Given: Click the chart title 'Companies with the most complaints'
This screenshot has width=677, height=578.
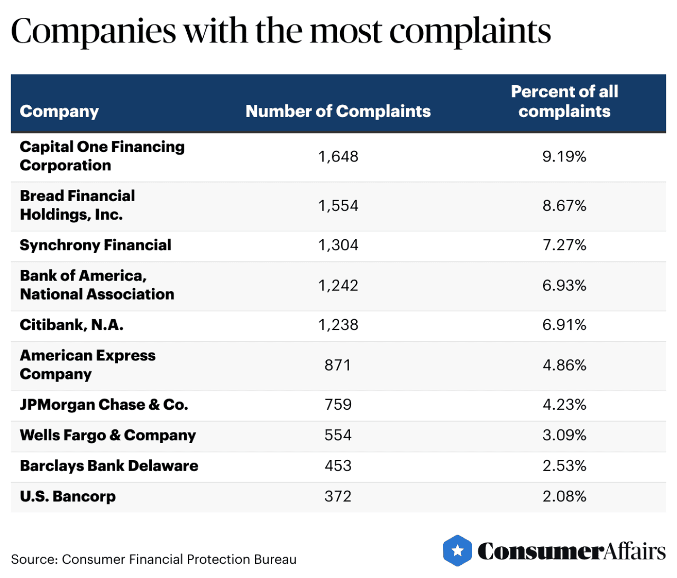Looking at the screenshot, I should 281,31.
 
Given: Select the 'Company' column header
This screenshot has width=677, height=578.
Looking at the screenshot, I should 59,111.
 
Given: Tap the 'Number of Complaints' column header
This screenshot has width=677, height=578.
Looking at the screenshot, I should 338,111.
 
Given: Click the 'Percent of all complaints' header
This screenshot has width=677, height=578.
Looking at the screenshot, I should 564,102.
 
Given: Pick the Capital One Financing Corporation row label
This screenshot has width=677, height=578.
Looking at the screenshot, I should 102,156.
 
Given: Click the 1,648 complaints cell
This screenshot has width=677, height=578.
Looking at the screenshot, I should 338,157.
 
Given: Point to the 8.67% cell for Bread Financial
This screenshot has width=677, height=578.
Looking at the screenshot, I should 564,206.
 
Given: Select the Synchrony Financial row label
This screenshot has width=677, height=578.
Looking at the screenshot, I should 96,245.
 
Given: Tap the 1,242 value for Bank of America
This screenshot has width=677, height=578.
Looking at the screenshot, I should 338,286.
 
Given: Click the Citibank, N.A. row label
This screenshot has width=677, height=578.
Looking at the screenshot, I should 71,325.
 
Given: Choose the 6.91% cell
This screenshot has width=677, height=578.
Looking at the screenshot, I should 564,325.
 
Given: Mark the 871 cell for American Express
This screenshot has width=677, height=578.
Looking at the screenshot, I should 337,365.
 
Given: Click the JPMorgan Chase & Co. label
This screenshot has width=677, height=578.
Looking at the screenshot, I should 104,405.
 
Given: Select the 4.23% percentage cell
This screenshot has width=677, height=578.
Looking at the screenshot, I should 564,405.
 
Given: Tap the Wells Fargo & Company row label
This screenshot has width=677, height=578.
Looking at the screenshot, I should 108,436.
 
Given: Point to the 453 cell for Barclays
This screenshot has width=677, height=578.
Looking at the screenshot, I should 338,466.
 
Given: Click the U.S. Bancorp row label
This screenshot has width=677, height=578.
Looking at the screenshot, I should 68,496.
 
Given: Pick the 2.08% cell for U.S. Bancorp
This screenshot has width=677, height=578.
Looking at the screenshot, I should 564,496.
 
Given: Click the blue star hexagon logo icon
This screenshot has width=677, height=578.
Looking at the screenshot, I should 458,551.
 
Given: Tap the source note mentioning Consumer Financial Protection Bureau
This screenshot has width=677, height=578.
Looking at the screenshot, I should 153,559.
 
